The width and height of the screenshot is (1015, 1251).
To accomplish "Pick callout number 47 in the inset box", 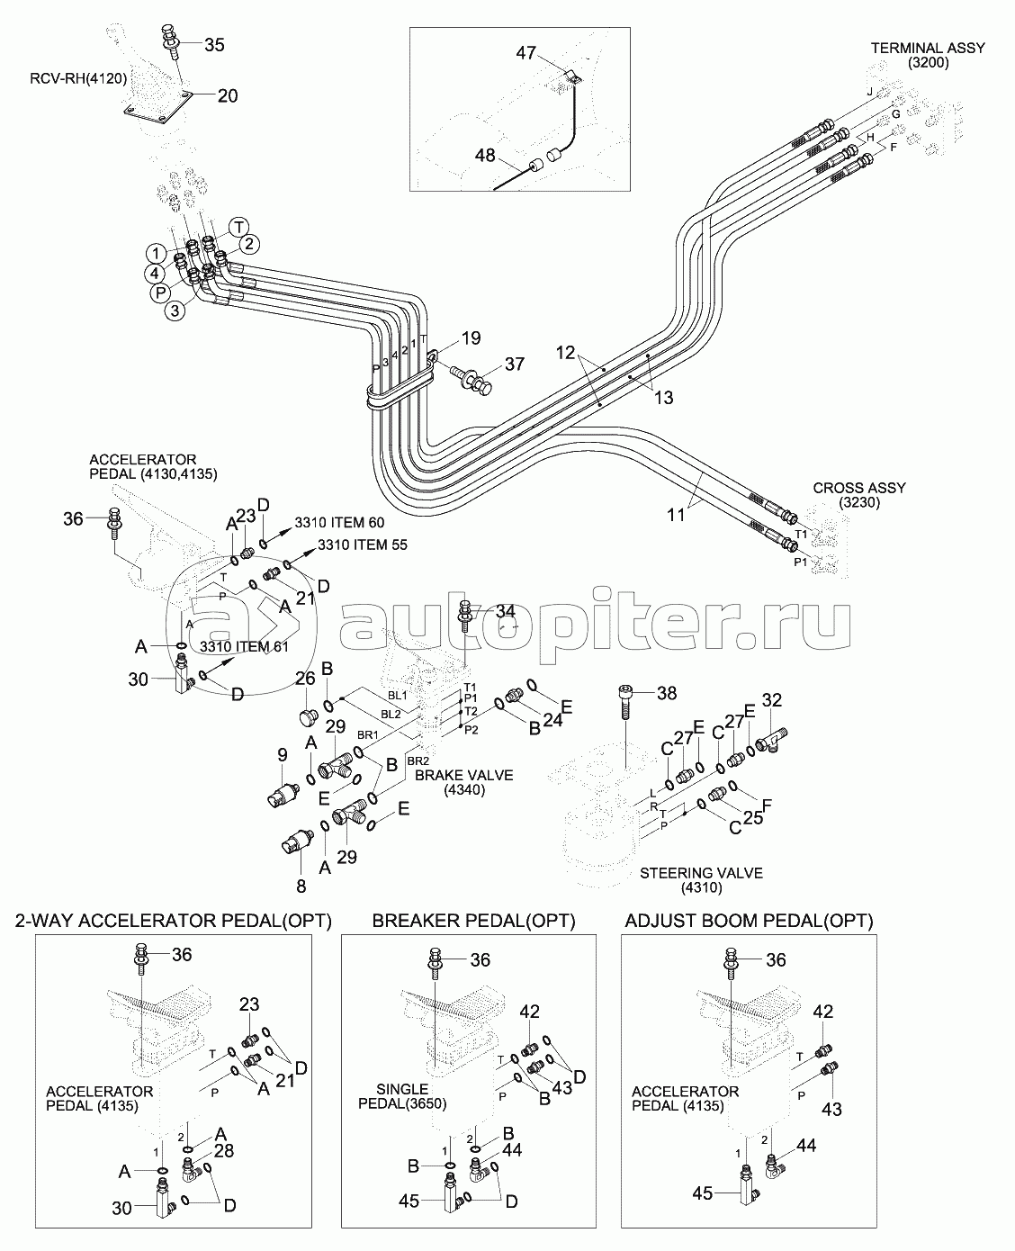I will (x=526, y=54).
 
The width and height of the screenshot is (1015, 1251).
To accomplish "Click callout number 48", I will (x=485, y=156).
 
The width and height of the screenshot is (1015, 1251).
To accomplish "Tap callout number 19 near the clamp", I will (x=472, y=338).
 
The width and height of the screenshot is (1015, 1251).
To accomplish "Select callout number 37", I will (x=514, y=364).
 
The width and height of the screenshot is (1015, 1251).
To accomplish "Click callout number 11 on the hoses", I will (x=676, y=515).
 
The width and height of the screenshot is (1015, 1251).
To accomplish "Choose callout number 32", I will (x=772, y=699).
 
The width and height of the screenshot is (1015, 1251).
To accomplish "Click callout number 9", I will (x=282, y=753).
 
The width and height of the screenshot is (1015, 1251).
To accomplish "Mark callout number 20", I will (x=228, y=94).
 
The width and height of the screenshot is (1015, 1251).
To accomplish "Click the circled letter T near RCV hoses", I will (x=238, y=226).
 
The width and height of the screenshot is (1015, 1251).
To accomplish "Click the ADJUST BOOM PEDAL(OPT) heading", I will (x=749, y=921).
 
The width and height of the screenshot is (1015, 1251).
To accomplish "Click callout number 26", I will (x=305, y=676).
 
